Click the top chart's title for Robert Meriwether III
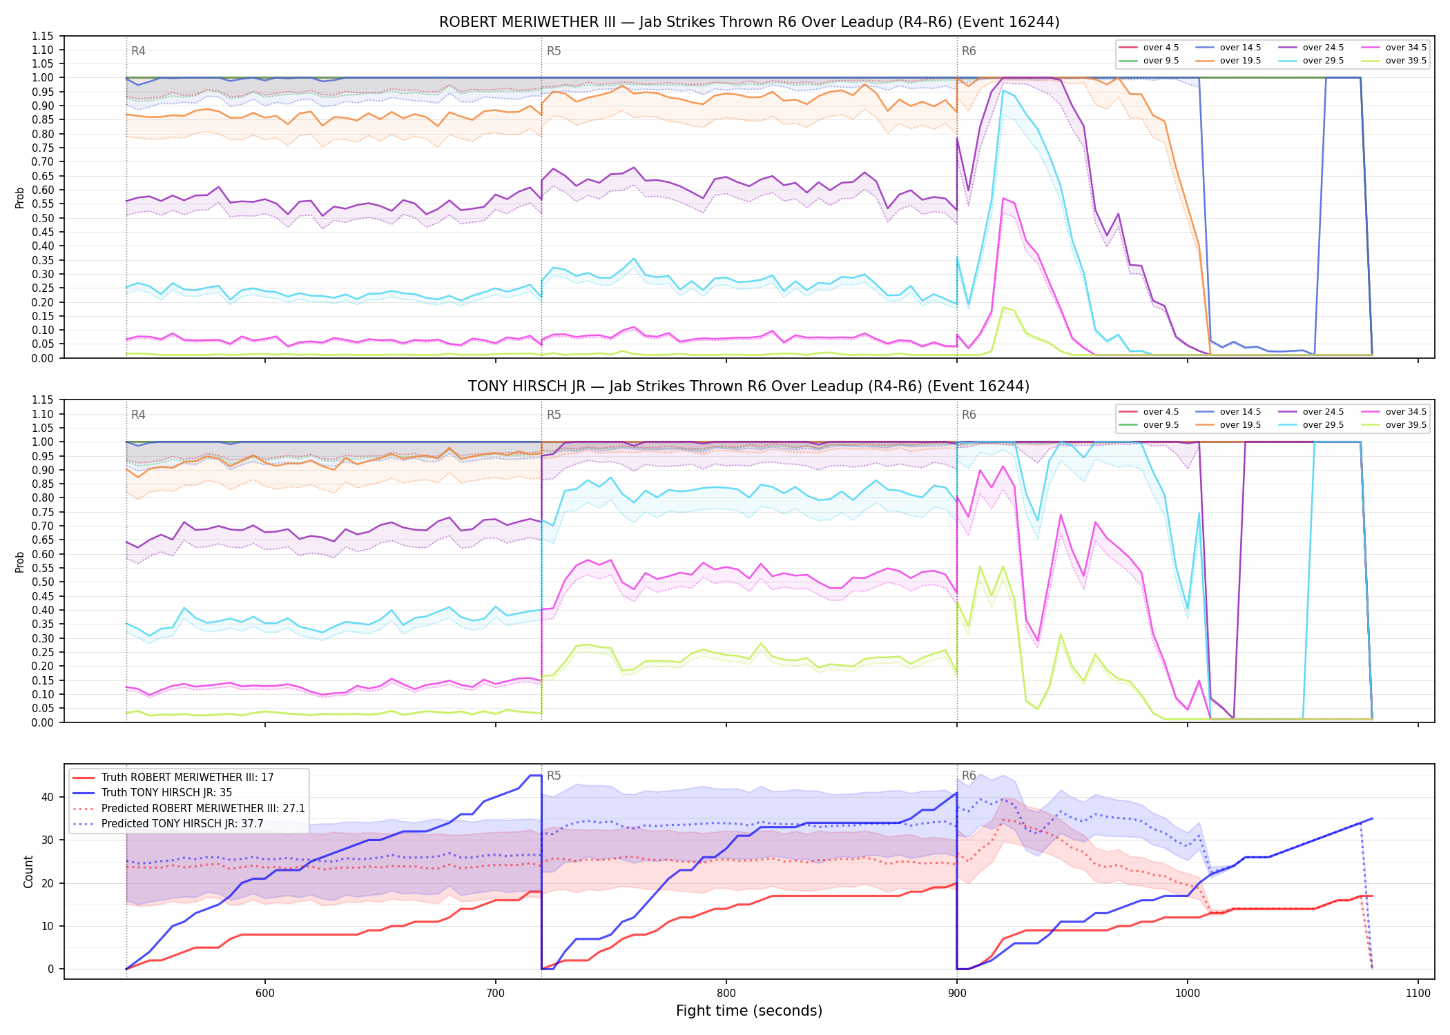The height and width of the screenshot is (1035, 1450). pos(749,22)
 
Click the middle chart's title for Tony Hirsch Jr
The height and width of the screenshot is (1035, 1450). pos(749,386)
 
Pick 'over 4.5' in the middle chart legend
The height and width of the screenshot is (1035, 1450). pos(1161,412)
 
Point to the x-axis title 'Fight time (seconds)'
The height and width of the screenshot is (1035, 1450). pos(749,1011)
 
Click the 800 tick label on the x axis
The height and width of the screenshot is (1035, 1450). pos(726,993)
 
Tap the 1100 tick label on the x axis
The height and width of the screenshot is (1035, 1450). pos(1418,993)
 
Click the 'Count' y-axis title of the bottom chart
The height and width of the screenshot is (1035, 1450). pos(28,871)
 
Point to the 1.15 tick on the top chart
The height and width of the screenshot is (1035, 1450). pos(42,36)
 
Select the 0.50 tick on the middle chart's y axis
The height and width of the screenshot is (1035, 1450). pos(42,582)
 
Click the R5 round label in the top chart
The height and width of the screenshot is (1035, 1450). pos(554,51)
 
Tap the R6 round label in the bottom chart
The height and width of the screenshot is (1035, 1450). pos(969,776)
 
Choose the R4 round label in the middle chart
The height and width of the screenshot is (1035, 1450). pos(138,415)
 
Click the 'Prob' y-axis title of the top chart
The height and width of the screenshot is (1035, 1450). pos(20,197)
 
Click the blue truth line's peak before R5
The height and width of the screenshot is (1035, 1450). pos(535,776)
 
